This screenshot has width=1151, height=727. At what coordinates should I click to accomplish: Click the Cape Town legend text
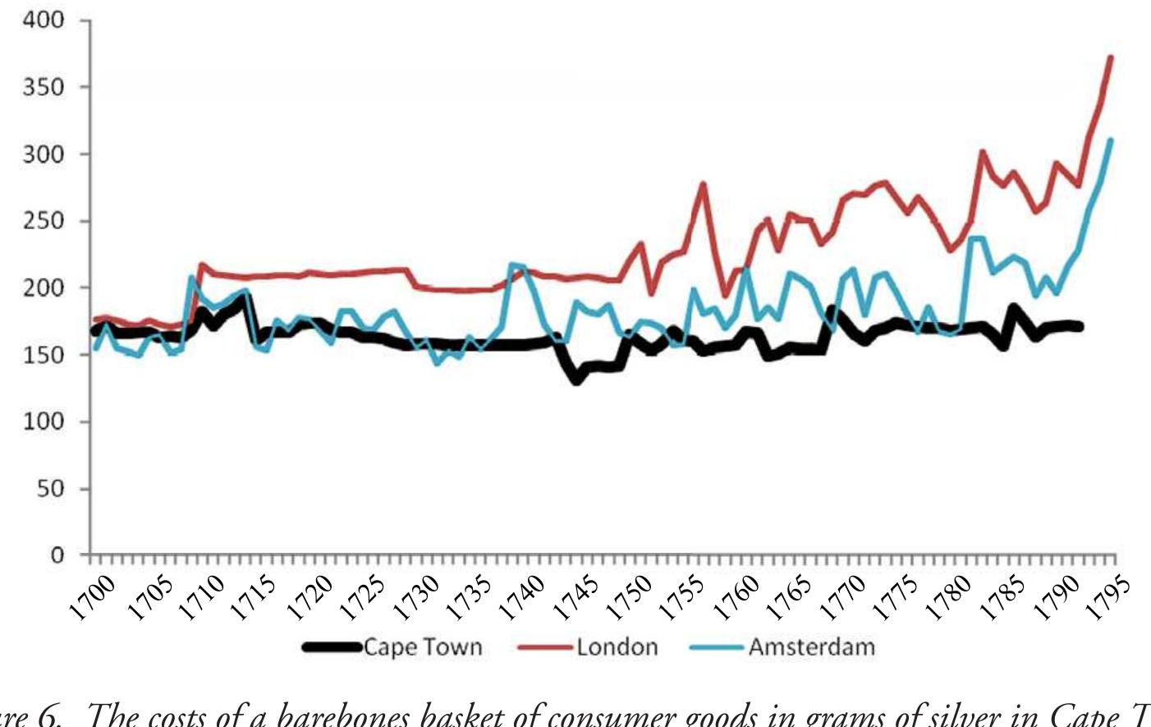tap(422, 647)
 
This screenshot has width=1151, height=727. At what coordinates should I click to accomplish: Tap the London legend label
tap(617, 647)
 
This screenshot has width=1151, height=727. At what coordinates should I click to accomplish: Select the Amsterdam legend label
tap(811, 647)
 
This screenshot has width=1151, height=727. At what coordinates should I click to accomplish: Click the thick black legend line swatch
tap(332, 647)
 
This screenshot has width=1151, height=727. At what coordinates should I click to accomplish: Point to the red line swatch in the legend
tap(544, 647)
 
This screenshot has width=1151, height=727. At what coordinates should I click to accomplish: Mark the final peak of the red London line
tap(1110, 58)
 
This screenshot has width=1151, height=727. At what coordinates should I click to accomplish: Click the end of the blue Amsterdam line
tap(1110, 140)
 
